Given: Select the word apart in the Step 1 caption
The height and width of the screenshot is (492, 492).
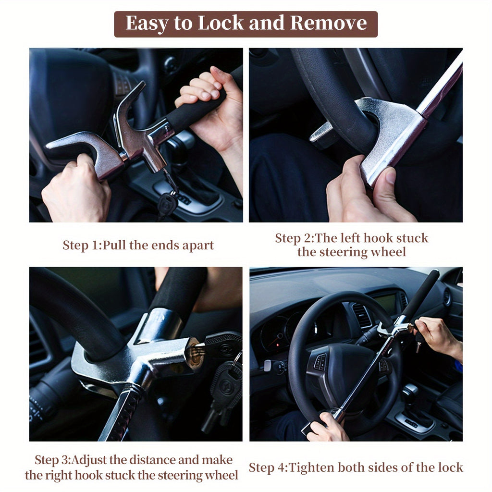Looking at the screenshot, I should click(197, 246).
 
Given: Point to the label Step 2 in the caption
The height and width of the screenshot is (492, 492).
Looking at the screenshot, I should click(293, 238).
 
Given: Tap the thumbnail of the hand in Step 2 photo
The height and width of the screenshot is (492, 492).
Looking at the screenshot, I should click(390, 177).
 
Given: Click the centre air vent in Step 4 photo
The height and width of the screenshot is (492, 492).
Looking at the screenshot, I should click(362, 315).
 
